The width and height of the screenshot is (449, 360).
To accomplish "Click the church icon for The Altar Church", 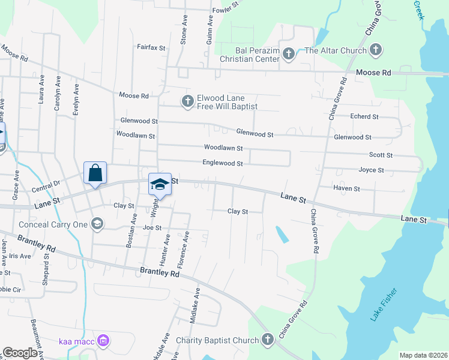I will click(376, 50).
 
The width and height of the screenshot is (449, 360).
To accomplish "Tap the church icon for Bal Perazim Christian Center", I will click(288, 55).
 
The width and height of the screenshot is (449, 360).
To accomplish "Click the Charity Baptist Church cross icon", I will click(268, 340).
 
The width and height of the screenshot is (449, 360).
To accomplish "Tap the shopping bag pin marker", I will click(95, 173).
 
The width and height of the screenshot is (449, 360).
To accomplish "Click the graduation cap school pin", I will click(160, 184).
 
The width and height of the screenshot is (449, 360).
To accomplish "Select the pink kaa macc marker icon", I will click(103, 341).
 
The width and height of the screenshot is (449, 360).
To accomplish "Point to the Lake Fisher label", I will click(381, 306).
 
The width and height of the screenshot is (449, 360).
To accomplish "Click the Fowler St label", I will click(225, 8).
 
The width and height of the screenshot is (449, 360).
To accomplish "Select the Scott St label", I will click(381, 155).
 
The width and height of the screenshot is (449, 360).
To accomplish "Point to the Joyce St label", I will click(371, 170).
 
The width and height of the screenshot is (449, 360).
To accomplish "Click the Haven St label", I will click(347, 188).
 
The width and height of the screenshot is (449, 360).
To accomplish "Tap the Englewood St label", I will click(223, 163).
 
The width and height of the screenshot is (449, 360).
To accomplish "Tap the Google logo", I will click(20, 353).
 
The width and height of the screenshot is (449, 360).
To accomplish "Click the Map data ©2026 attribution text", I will click(423, 355).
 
